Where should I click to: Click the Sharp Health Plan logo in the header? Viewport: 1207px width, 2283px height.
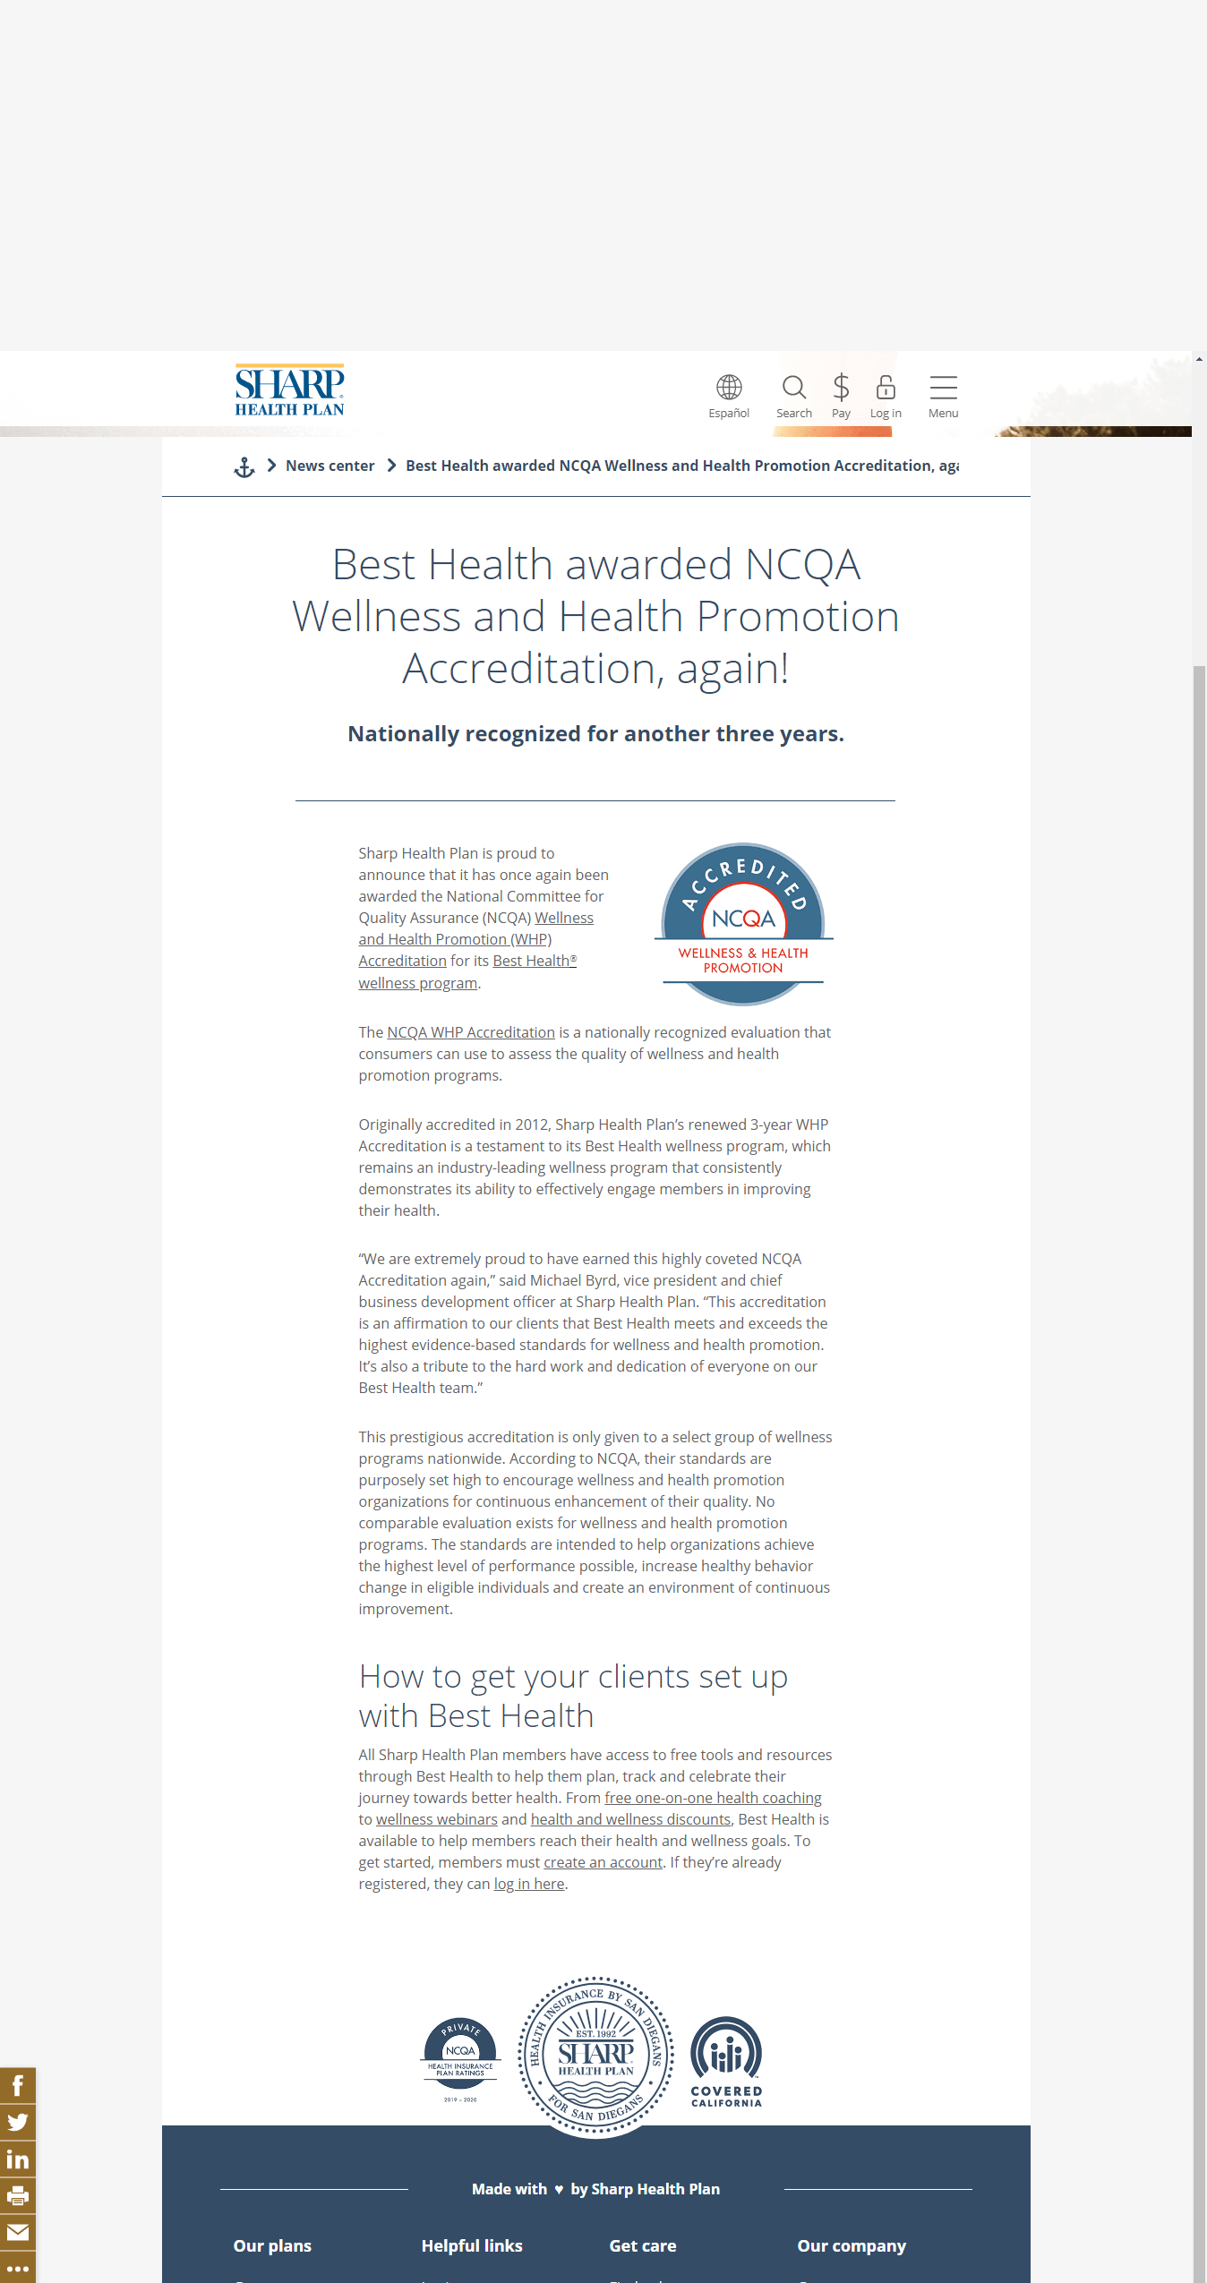coord(289,390)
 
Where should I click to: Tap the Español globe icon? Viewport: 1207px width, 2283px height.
coord(729,388)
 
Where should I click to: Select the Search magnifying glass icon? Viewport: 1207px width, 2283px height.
coord(793,388)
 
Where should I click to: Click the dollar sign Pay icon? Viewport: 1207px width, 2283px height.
coord(841,388)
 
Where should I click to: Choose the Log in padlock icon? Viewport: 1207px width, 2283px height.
coord(886,388)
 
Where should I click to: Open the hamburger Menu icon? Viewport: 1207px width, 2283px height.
coord(943,388)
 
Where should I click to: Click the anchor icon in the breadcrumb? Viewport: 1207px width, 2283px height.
coord(244,466)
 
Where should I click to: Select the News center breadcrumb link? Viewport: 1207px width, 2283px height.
coord(330,466)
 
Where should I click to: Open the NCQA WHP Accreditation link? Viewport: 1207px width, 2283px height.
coord(471,1032)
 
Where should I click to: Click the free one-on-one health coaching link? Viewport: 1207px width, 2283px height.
coord(713,1798)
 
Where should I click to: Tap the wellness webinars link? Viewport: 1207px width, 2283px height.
coord(436,1819)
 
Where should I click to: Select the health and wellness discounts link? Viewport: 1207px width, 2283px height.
coord(630,1819)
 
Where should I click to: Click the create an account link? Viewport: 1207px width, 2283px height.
coord(603,1862)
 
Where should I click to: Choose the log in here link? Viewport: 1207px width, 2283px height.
coord(528,1884)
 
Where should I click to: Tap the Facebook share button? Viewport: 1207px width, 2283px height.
coord(18,2085)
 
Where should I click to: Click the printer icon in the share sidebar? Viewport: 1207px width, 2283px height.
coord(18,2195)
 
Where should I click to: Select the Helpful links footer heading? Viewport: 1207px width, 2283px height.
coord(472,2245)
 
